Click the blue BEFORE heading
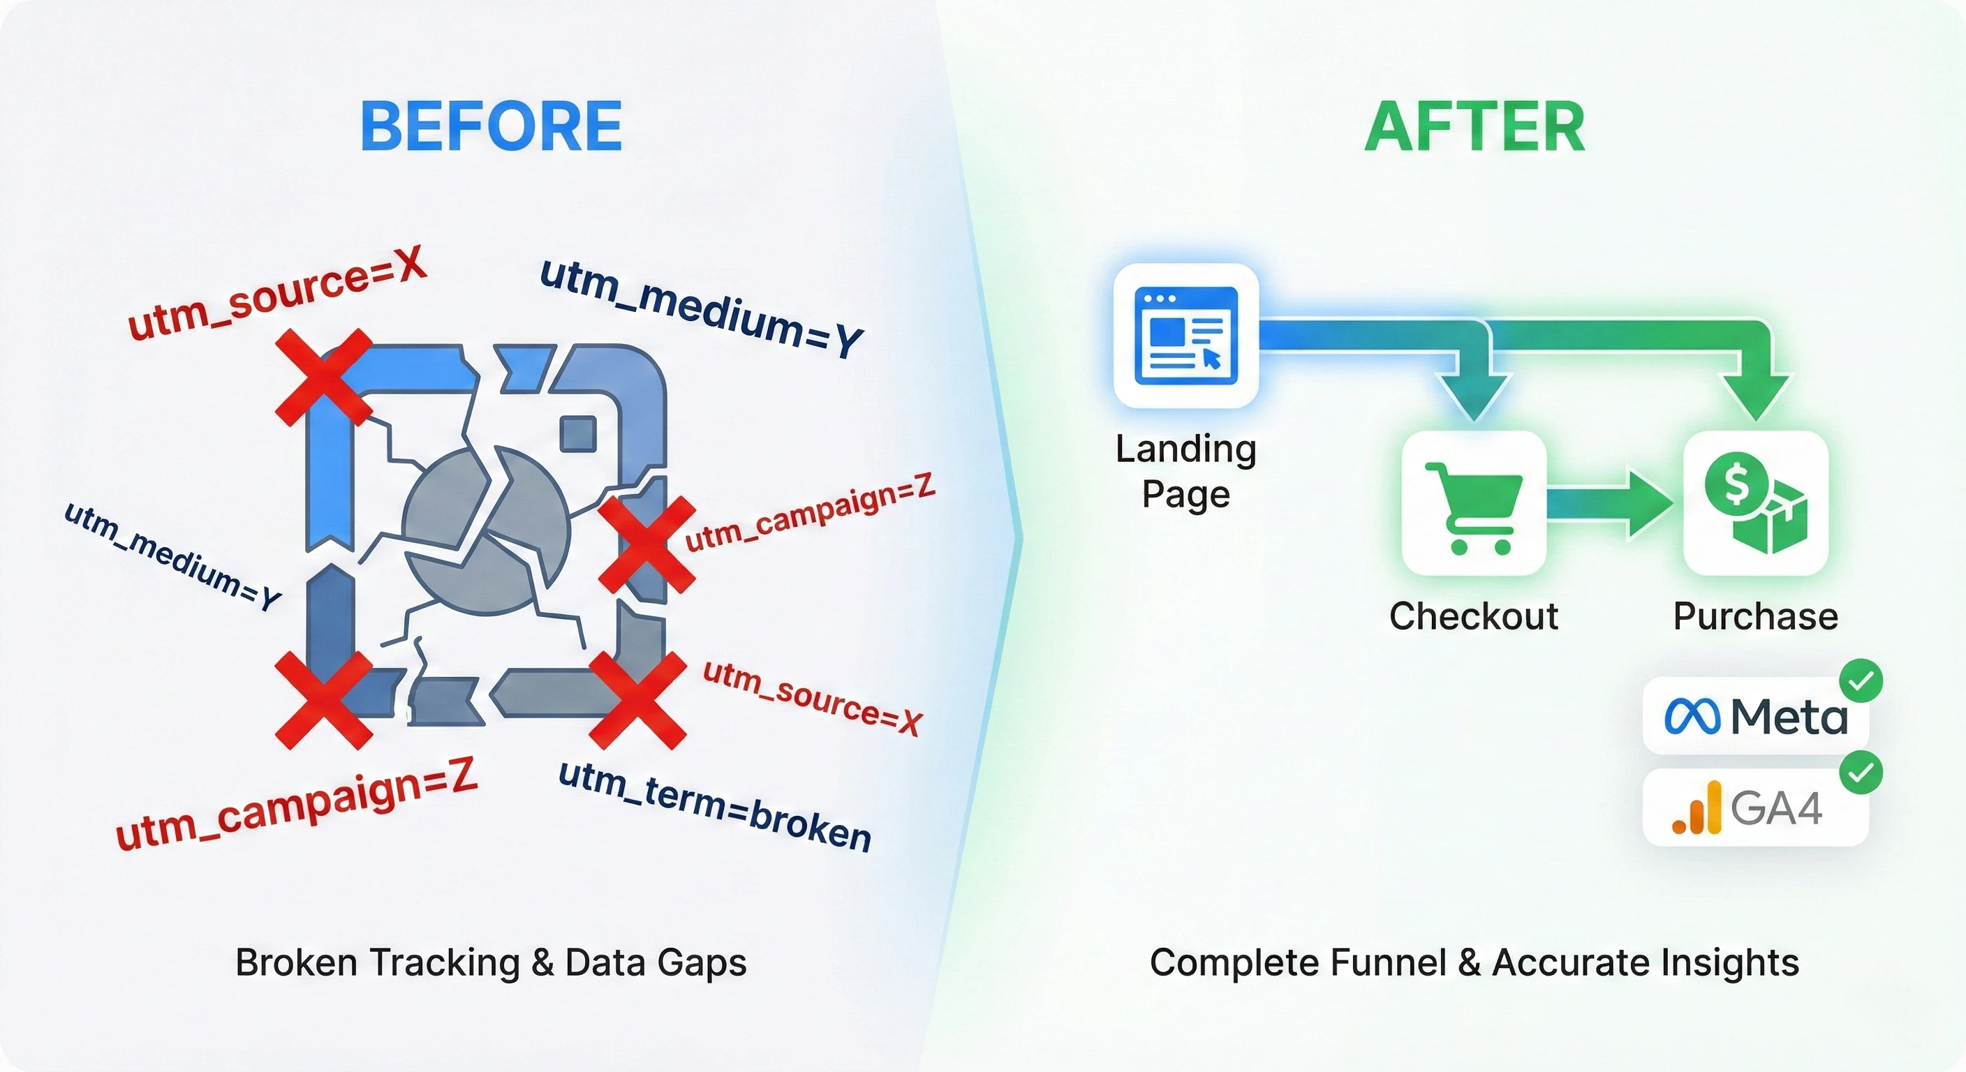pos(491,126)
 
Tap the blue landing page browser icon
pos(1185,335)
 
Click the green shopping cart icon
pos(1472,507)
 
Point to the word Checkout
pos(1473,616)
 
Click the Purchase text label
pos(1755,616)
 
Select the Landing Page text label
pos(1185,471)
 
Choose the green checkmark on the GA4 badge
pos(1861,773)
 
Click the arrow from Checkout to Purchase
pos(1611,505)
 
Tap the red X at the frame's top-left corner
pos(324,377)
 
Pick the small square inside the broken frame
pos(578,434)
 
